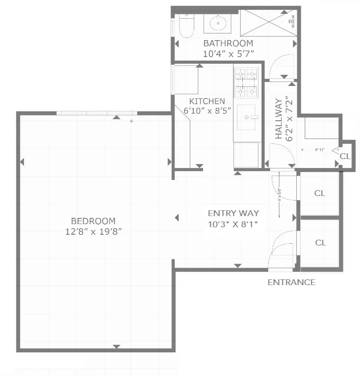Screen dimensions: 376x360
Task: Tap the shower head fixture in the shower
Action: pyautogui.click(x=292, y=20)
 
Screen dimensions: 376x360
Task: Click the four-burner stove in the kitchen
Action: pyautogui.click(x=246, y=82)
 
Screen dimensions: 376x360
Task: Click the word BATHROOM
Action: pyautogui.click(x=228, y=44)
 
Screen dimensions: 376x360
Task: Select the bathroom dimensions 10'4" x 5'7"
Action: pyautogui.click(x=228, y=54)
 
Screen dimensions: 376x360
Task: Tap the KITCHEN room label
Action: pyautogui.click(x=207, y=101)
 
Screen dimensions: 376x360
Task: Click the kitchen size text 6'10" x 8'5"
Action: pyautogui.click(x=207, y=111)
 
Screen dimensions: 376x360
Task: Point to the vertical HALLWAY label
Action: pyautogui.click(x=278, y=119)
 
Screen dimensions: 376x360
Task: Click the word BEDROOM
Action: pyautogui.click(x=93, y=221)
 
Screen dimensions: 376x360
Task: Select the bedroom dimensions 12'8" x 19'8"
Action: pyautogui.click(x=93, y=231)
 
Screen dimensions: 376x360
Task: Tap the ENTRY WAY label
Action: pyautogui.click(x=233, y=213)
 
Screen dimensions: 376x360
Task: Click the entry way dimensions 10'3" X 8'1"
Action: pyautogui.click(x=233, y=224)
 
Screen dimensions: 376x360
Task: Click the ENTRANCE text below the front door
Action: pyautogui.click(x=291, y=282)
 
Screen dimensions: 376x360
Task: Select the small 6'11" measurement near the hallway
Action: pyautogui.click(x=319, y=150)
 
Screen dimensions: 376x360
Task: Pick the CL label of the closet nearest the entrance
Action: pyautogui.click(x=320, y=243)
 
